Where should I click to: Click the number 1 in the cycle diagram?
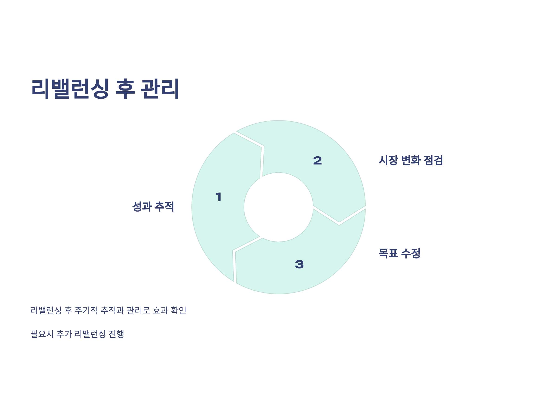click(x=219, y=196)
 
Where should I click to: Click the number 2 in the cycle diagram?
click(x=317, y=160)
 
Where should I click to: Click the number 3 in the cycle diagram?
click(x=299, y=264)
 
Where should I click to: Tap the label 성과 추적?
click(x=153, y=207)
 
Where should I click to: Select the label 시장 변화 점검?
click(x=411, y=160)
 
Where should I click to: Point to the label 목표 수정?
click(x=399, y=253)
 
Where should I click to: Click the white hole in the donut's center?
click(x=278, y=207)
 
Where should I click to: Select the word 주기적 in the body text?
click(x=86, y=310)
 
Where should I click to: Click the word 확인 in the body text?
click(x=178, y=310)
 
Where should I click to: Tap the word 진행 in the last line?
click(x=116, y=334)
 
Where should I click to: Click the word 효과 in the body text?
click(x=160, y=310)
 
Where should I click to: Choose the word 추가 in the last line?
click(x=64, y=334)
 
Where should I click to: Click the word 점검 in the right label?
click(x=433, y=160)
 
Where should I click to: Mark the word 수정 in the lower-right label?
click(x=411, y=253)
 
